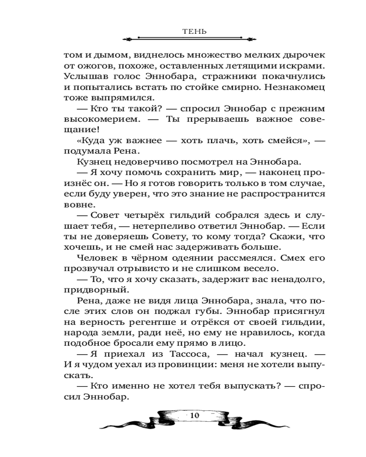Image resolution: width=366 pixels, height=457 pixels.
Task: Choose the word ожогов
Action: click(93, 65)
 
